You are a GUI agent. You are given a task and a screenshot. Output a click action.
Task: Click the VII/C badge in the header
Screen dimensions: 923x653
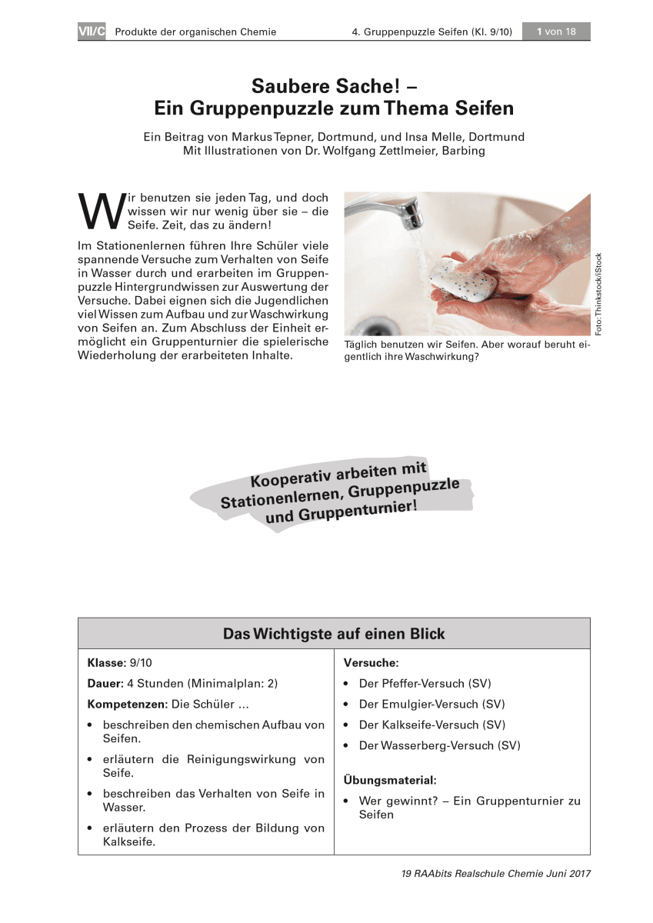pos(91,32)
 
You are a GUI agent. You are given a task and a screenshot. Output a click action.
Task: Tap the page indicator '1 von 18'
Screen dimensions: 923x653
pos(555,32)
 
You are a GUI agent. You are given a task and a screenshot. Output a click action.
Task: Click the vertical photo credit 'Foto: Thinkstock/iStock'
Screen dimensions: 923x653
pos(599,294)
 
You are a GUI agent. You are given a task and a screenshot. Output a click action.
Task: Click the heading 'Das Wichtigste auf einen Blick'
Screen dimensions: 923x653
pos(334,634)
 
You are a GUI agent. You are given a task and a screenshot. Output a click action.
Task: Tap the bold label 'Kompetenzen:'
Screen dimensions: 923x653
pos(127,704)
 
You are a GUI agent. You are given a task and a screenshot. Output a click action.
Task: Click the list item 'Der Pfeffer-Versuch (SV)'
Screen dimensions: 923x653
pos(425,683)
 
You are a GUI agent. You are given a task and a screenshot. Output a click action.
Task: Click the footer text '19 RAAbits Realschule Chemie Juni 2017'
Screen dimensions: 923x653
pos(495,874)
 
